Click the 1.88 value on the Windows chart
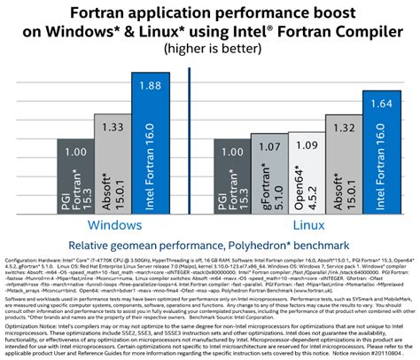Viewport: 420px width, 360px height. [x=150, y=85]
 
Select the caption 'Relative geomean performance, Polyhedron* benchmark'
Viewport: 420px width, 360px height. [x=210, y=244]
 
